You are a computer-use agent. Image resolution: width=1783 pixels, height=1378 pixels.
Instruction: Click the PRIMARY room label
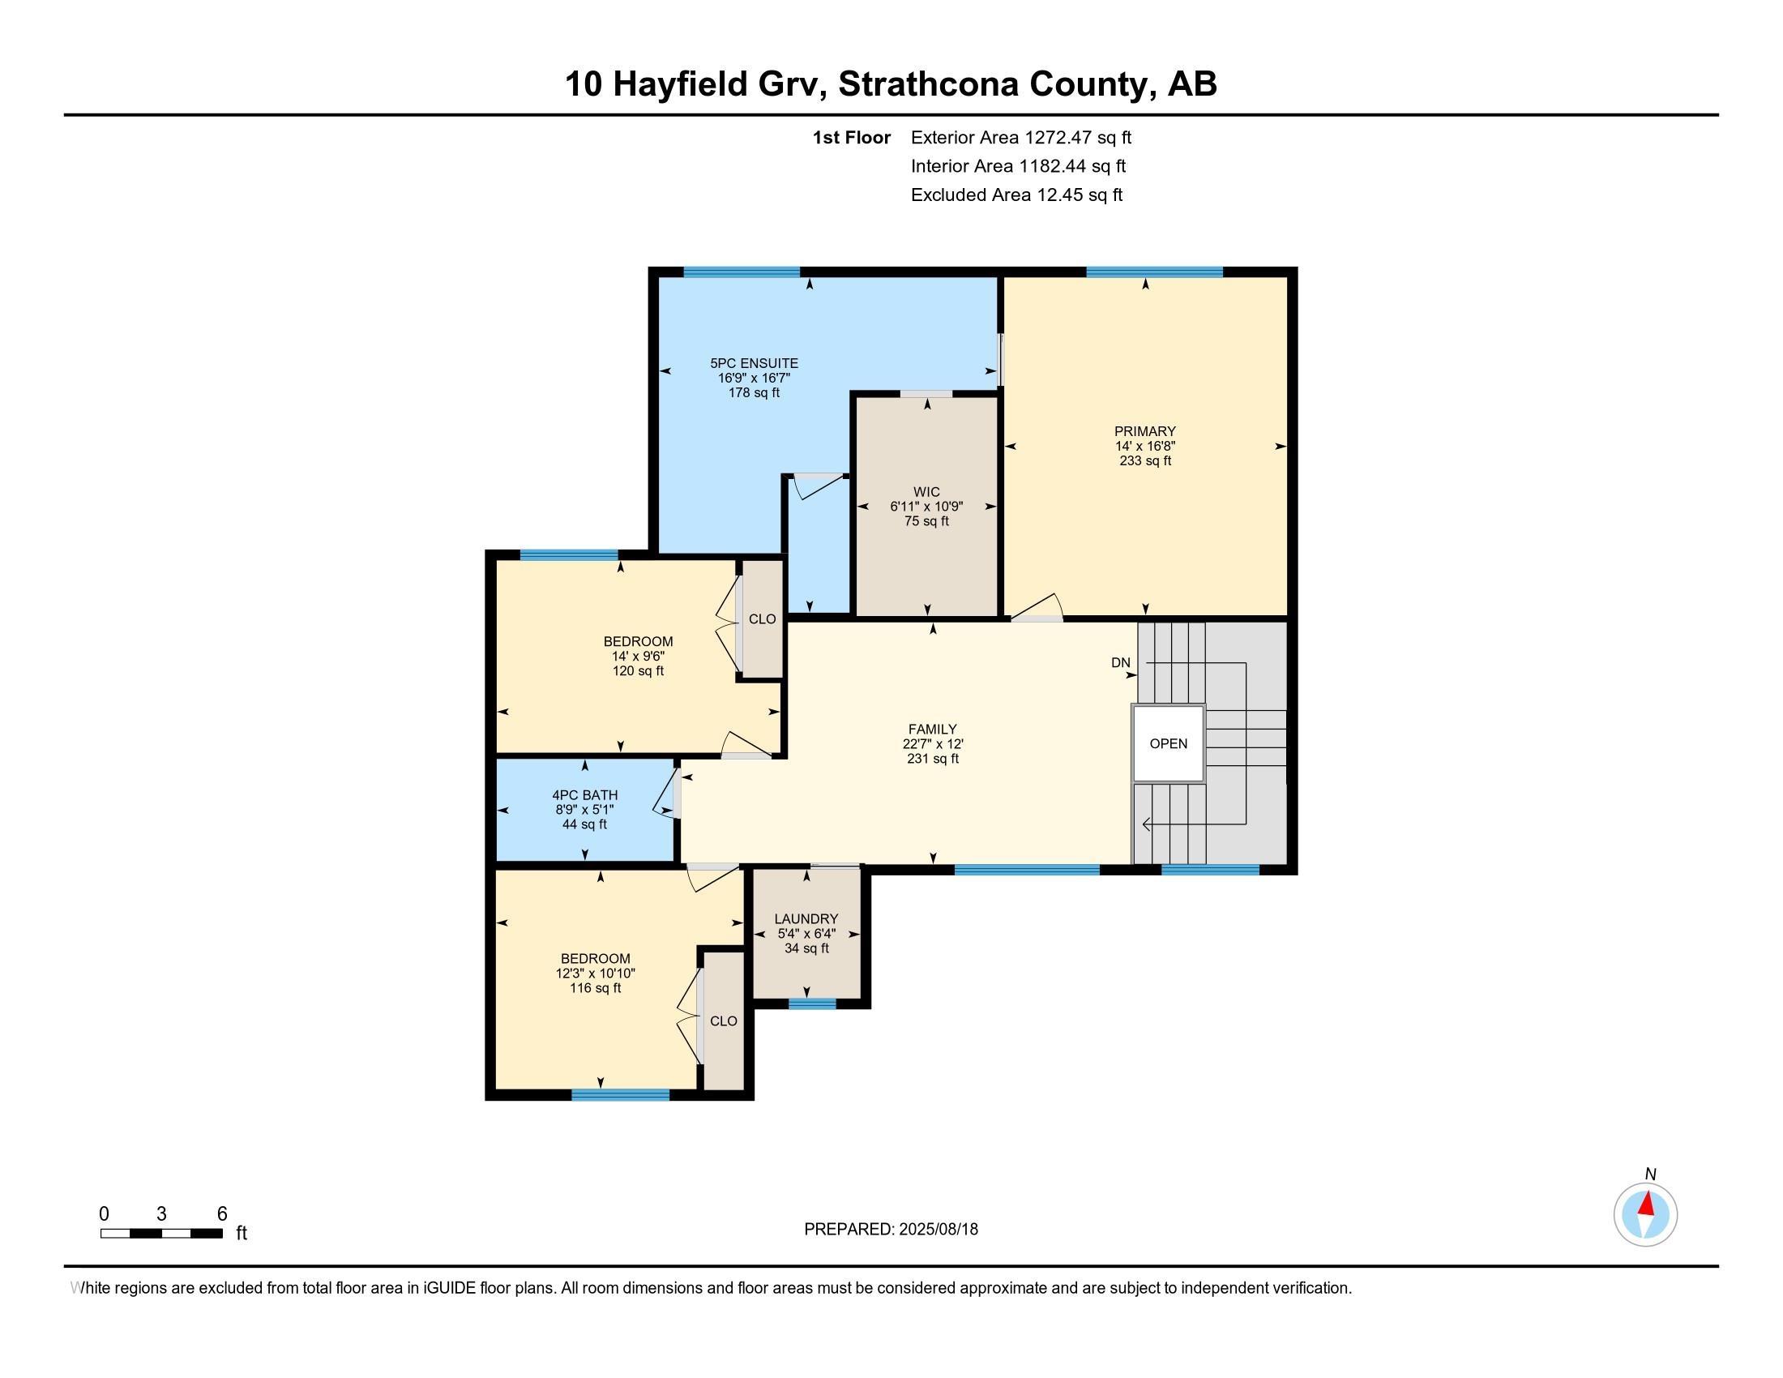[x=1144, y=431]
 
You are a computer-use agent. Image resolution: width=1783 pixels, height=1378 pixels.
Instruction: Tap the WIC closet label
[x=926, y=492]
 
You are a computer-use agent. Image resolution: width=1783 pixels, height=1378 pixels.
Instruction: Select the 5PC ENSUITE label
[x=754, y=363]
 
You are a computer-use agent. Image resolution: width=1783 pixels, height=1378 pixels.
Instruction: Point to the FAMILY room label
[x=932, y=729]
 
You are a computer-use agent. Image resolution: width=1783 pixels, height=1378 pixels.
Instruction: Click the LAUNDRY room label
[x=806, y=918]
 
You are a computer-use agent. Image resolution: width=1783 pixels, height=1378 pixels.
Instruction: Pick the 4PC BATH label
[x=584, y=795]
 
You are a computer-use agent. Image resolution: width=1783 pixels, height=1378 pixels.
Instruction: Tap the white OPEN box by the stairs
[x=1168, y=743]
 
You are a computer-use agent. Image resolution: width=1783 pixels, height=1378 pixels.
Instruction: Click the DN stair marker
[x=1120, y=663]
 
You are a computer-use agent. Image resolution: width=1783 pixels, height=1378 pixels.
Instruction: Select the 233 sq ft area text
[x=1144, y=461]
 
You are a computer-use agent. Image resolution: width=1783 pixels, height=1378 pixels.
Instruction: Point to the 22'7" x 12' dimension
[x=932, y=744]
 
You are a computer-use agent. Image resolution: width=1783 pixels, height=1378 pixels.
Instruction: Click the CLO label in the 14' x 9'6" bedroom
[x=762, y=618]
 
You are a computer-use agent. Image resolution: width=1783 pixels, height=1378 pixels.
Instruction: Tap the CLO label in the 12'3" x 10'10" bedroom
[x=723, y=1021]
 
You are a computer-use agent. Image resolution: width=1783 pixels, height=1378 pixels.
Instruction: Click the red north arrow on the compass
[x=1647, y=1204]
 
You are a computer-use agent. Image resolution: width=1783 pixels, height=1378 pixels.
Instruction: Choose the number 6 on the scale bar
[x=221, y=1214]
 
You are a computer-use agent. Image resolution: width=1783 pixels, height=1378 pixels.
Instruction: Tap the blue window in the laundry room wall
[x=812, y=1004]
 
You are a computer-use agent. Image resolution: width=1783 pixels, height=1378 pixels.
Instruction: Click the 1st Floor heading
[x=851, y=138]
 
